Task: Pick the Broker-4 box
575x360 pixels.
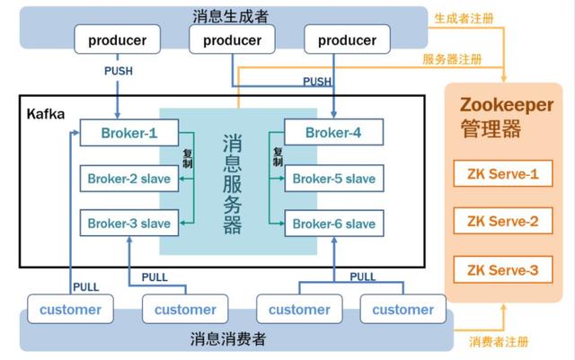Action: click(333, 134)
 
